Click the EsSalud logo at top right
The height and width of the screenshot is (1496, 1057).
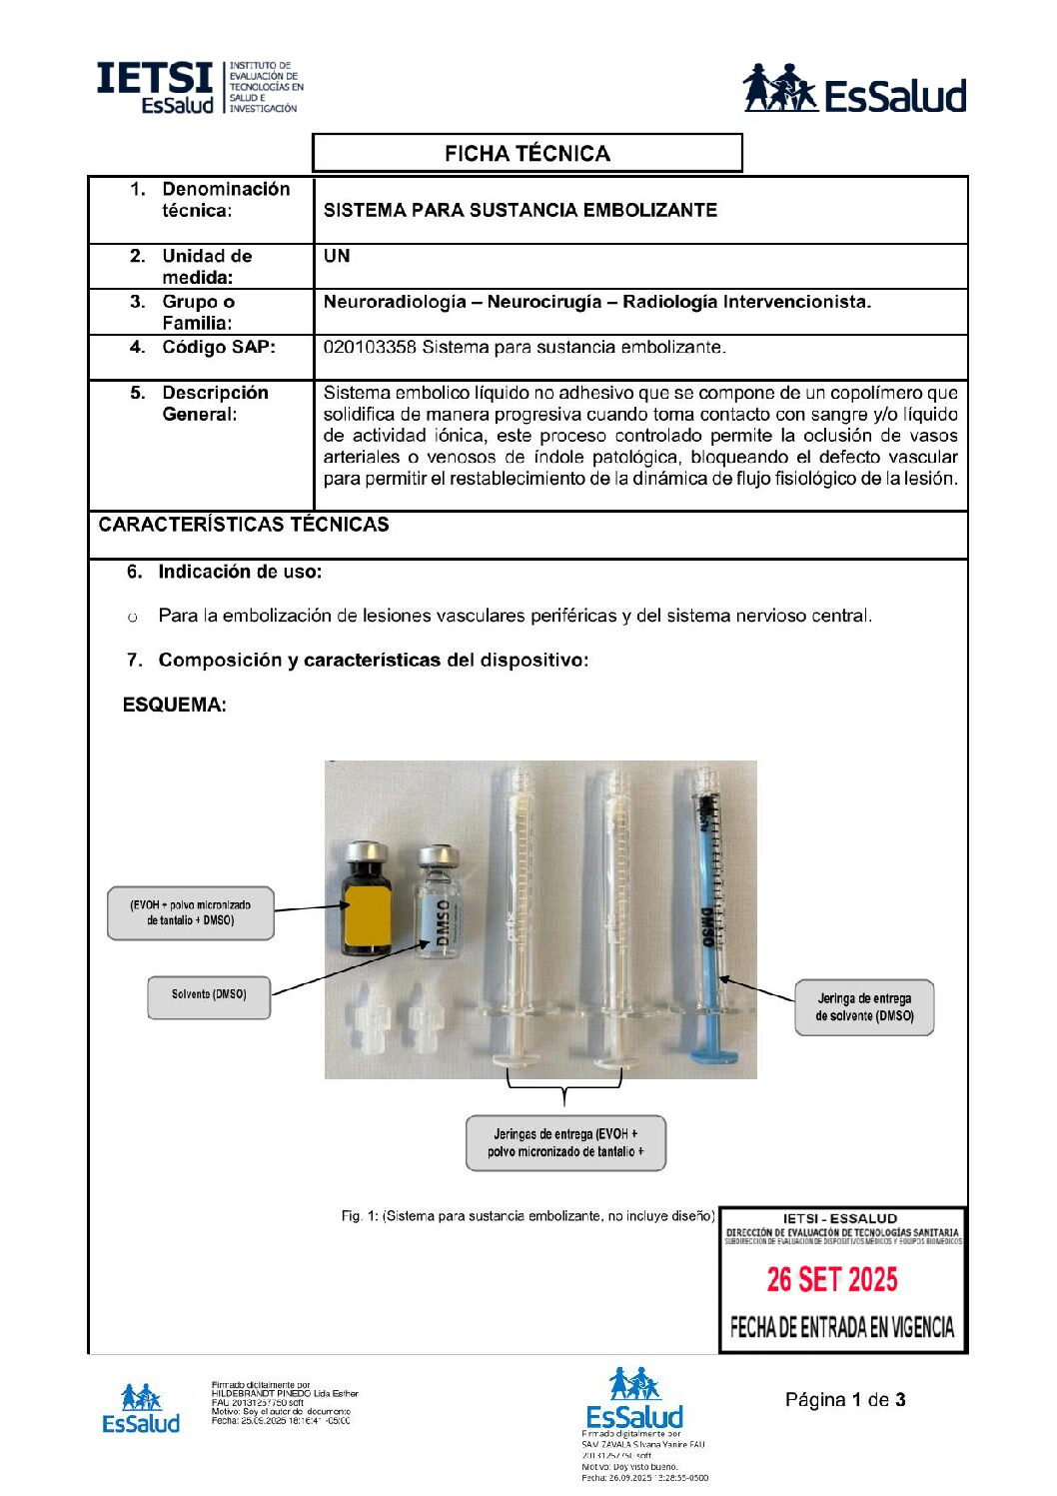click(x=854, y=90)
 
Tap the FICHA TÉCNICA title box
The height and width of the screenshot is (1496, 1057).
click(x=527, y=154)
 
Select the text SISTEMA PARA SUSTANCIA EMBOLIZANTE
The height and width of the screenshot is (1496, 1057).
click(x=520, y=210)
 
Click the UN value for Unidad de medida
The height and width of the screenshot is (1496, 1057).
click(x=337, y=256)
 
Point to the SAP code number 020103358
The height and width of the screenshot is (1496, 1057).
click(x=369, y=348)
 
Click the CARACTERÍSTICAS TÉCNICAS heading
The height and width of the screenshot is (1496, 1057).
click(x=244, y=525)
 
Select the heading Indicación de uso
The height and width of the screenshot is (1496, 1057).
click(x=240, y=572)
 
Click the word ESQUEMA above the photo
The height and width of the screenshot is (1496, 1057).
click(x=174, y=706)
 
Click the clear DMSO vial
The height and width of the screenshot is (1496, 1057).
click(x=440, y=904)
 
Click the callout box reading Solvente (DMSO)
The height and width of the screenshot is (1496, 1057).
click(x=209, y=996)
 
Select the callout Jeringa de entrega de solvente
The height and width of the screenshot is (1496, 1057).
click(x=864, y=1007)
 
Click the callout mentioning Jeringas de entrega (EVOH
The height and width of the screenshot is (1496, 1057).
click(x=565, y=1143)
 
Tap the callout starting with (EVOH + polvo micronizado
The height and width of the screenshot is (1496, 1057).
click(x=190, y=912)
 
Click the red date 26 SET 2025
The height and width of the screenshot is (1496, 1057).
click(x=832, y=1280)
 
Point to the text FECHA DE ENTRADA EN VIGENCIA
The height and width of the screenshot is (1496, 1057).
click(x=842, y=1328)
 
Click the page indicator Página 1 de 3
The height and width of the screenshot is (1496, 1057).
click(x=845, y=1400)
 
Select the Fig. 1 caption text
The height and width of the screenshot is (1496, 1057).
click(x=528, y=1216)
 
